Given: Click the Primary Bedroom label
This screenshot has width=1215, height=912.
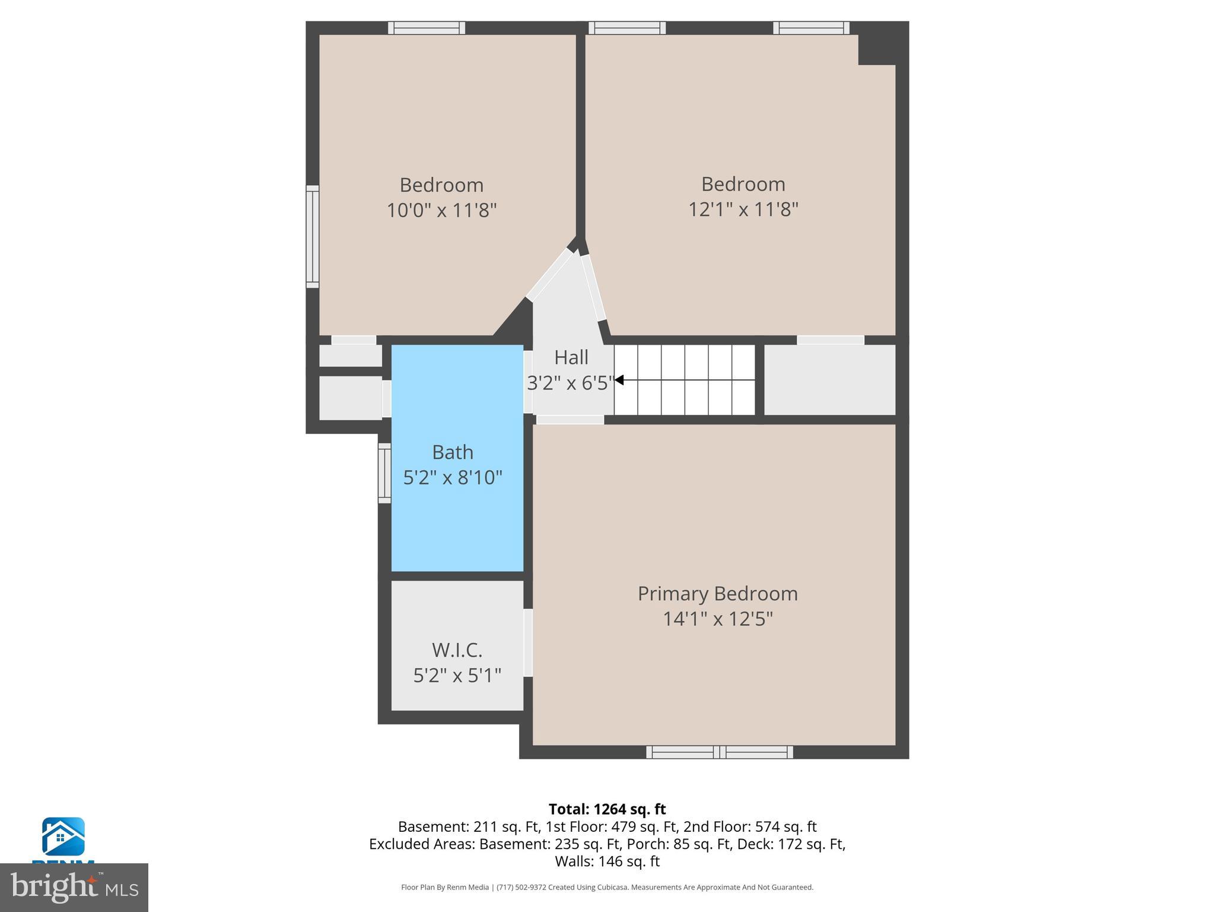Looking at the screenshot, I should point(717,593).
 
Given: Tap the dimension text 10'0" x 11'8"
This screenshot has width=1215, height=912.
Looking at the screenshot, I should point(441,210).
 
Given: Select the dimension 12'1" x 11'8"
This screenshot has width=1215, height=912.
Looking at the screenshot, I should point(743,209).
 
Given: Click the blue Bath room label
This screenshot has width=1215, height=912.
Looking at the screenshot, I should point(453,452).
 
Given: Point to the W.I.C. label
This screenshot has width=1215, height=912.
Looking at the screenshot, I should point(457,650).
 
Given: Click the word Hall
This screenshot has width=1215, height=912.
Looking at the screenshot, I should point(571,357).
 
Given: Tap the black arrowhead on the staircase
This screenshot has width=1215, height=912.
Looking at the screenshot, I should point(619,380).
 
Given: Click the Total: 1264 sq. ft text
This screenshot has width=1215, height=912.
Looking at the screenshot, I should point(607,809).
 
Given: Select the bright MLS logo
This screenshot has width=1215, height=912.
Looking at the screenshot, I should point(74,887).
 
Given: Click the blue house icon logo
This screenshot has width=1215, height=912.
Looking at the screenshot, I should point(63,837).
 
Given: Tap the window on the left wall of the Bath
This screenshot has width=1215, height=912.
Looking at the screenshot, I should point(384,473).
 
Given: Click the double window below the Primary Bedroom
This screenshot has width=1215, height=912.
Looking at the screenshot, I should point(719,752).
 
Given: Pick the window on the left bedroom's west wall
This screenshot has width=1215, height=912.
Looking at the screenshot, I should point(313,236).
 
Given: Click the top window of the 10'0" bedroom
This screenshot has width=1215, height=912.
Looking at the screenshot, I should point(427,28).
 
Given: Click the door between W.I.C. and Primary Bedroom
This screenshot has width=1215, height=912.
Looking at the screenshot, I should point(528,642).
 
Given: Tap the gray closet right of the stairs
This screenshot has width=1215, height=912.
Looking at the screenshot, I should point(829,380).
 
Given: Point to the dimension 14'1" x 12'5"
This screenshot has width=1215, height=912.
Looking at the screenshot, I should point(717,619).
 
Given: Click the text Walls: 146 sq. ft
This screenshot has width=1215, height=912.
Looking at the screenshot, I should point(607,861).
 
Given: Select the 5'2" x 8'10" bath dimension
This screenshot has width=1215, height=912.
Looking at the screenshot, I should point(453,477).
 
